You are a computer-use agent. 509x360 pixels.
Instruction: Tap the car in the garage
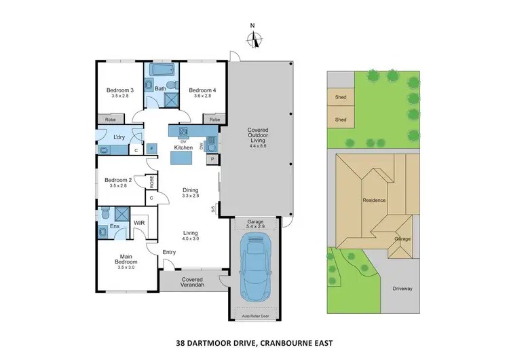tap(257, 269)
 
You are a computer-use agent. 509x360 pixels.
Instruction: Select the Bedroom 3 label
tap(119, 90)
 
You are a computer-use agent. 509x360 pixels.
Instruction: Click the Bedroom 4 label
tap(202, 90)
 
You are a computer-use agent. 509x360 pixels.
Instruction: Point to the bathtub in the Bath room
tap(160, 71)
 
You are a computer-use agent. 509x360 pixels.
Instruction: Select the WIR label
tap(138, 222)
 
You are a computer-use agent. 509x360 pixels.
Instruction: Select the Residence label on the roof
tap(374, 200)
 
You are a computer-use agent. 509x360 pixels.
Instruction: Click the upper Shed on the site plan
tap(341, 97)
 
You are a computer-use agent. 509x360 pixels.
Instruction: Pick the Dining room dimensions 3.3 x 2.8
tap(190, 196)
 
